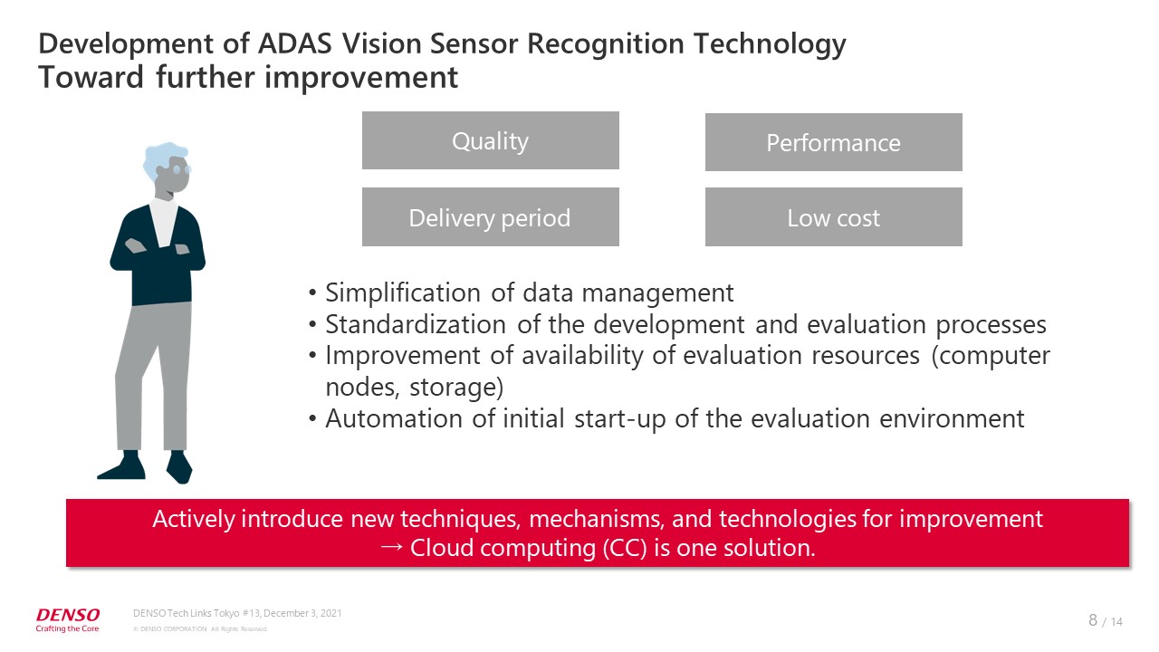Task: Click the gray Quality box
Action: pyautogui.click(x=491, y=140)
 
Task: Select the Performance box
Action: pyautogui.click(x=834, y=142)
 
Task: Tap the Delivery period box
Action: pyautogui.click(x=491, y=216)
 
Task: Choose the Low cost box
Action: pyautogui.click(x=834, y=216)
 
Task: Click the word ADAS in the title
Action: pyautogui.click(x=295, y=43)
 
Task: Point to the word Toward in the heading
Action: pyautogui.click(x=91, y=78)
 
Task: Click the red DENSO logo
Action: pyautogui.click(x=68, y=615)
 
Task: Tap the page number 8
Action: pyautogui.click(x=1093, y=620)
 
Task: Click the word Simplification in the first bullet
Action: pyautogui.click(x=403, y=292)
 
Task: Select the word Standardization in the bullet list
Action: pyautogui.click(x=416, y=325)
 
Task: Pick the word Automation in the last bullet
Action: pyautogui.click(x=394, y=418)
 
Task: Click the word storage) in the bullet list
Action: pyautogui.click(x=456, y=387)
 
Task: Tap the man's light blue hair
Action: pyautogui.click(x=164, y=158)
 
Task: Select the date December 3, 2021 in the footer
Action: pyautogui.click(x=302, y=613)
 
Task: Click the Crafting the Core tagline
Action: pyautogui.click(x=67, y=628)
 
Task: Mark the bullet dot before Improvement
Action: pyautogui.click(x=312, y=356)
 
